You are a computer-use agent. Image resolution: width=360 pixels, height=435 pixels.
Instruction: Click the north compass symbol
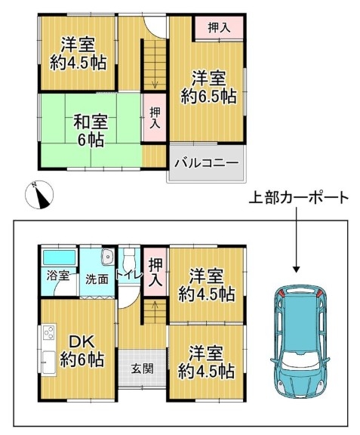click(x=39, y=195)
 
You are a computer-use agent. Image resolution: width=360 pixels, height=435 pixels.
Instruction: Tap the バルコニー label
click(x=207, y=163)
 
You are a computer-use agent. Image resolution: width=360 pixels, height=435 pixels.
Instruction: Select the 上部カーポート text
click(x=298, y=198)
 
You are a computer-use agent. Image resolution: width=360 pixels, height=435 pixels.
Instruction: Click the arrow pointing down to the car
click(x=297, y=239)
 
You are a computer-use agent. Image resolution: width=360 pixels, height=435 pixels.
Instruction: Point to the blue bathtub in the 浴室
click(x=60, y=258)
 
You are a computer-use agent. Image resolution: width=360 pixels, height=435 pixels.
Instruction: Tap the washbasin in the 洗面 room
click(x=107, y=258)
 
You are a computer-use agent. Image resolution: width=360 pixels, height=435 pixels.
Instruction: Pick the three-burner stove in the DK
click(x=49, y=332)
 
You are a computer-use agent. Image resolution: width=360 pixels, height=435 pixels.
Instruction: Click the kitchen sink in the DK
click(x=49, y=362)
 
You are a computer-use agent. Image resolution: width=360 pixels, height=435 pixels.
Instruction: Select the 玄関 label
click(x=142, y=369)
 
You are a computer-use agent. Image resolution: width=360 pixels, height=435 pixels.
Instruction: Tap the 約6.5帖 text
click(x=208, y=97)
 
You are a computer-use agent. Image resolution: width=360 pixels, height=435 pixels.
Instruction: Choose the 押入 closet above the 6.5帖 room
click(x=219, y=28)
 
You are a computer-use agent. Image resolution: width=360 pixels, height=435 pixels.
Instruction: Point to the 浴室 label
click(x=58, y=276)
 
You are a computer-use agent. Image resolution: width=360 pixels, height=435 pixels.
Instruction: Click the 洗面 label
click(x=97, y=279)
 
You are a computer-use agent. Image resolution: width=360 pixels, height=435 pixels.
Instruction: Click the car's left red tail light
click(x=282, y=292)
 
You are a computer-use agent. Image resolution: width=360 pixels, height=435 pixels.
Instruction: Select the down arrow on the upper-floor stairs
click(x=155, y=82)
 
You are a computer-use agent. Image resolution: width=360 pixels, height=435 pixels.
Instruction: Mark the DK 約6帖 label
click(x=82, y=351)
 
